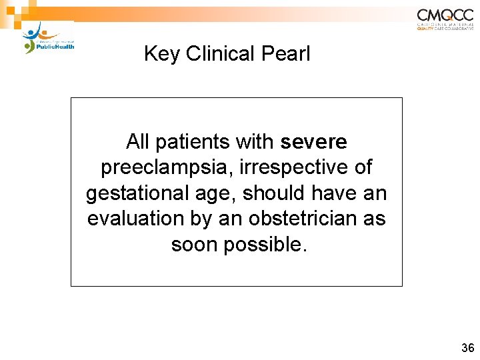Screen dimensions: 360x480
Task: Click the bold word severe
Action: pyautogui.click(x=314, y=142)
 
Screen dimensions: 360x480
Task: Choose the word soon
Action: pyautogui.click(x=195, y=245)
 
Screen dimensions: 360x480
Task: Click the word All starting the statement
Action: pyautogui.click(x=137, y=142)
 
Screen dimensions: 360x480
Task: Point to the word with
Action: pyautogui.click(x=255, y=142)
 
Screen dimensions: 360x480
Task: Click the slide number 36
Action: pyautogui.click(x=467, y=347)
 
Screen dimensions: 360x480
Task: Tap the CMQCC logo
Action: pyautogui.click(x=445, y=19)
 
